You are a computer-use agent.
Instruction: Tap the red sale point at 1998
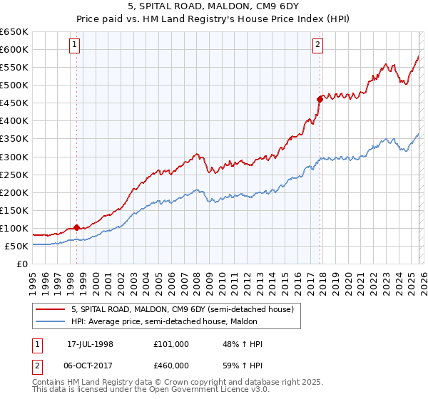pyautogui.click(x=76, y=228)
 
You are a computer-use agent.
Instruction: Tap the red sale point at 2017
pyautogui.click(x=320, y=99)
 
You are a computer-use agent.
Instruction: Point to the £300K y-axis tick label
pyautogui.click(x=14, y=157)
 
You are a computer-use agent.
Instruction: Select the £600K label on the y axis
pyautogui.click(x=14, y=49)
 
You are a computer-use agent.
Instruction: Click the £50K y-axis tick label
pyautogui.click(x=16, y=246)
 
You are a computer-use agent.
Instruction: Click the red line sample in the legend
pyautogui.click(x=51, y=309)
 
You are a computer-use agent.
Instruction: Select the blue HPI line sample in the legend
pyautogui.click(x=51, y=322)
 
